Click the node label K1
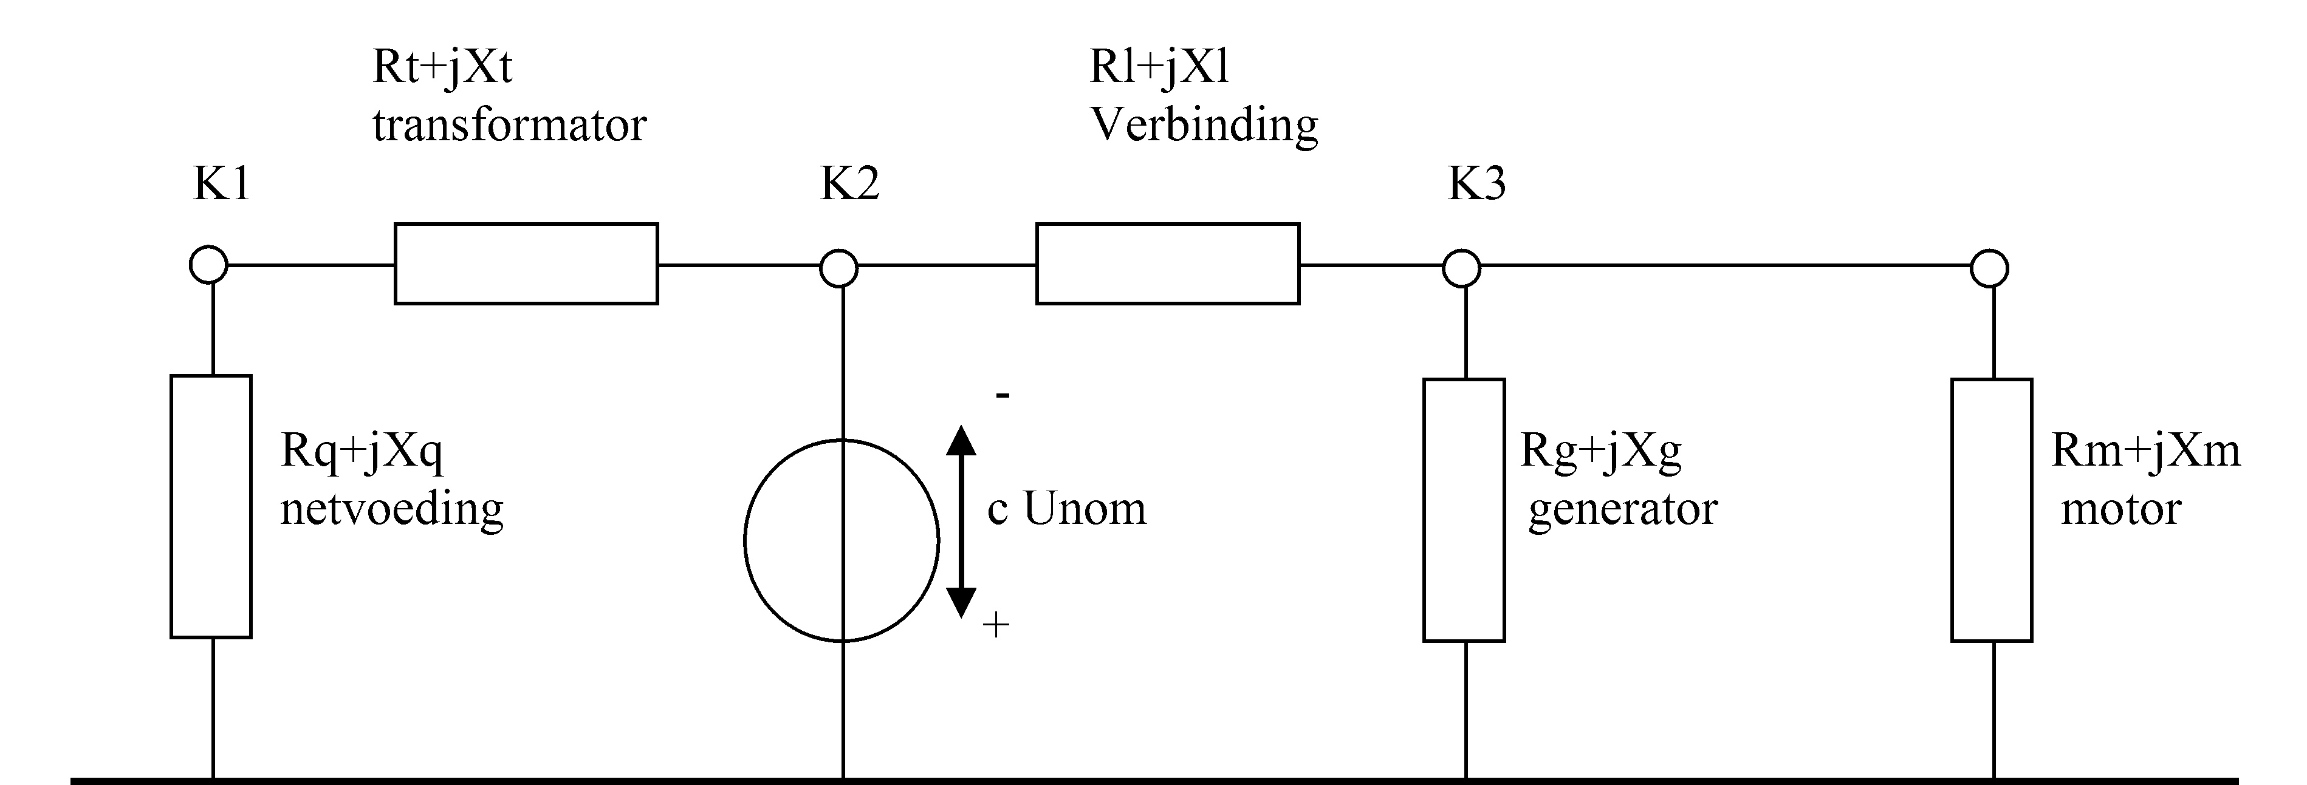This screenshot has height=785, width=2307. [221, 185]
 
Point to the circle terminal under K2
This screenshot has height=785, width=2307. [839, 268]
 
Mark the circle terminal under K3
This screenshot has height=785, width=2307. [1462, 268]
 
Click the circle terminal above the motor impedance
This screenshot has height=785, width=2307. [1989, 268]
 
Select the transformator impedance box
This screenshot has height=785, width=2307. [527, 264]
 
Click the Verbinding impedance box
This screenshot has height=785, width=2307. [1168, 264]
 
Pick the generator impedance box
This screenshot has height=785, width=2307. [1464, 510]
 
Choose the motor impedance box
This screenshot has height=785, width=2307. [1992, 510]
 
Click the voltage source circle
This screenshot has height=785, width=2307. [841, 541]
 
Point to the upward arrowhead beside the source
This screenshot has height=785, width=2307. [961, 441]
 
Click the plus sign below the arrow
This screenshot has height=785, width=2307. [996, 625]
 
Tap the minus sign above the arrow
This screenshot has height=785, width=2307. [1003, 395]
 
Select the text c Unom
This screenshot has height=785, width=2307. [1067, 508]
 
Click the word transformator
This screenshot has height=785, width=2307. [509, 125]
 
